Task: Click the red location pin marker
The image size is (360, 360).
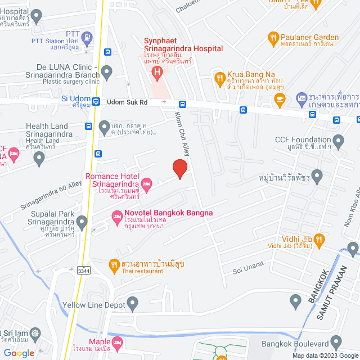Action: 179,169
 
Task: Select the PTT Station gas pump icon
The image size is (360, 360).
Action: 87,38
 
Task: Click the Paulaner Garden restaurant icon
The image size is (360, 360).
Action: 273,38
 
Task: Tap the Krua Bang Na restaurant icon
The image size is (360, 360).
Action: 219,76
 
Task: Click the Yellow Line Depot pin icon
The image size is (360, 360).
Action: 133,305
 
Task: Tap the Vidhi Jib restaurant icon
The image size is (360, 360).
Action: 319,241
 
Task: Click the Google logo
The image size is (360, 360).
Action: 18,353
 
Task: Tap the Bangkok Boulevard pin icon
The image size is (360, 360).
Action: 336,342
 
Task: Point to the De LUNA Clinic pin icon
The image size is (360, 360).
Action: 106,71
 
